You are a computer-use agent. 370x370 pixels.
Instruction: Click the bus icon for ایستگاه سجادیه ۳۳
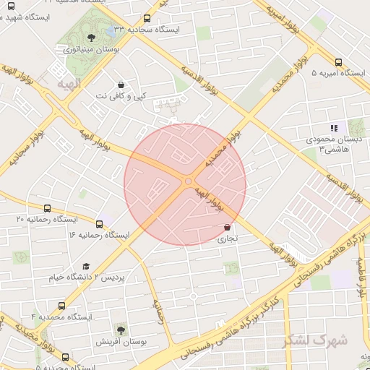click(x=147, y=18)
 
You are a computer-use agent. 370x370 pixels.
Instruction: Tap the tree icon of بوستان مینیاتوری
click(x=90, y=38)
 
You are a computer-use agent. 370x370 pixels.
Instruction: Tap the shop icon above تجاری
click(x=228, y=226)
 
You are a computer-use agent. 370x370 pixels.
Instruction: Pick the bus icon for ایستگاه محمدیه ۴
click(x=61, y=305)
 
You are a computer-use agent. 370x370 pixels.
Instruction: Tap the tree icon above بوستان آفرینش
click(x=120, y=330)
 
